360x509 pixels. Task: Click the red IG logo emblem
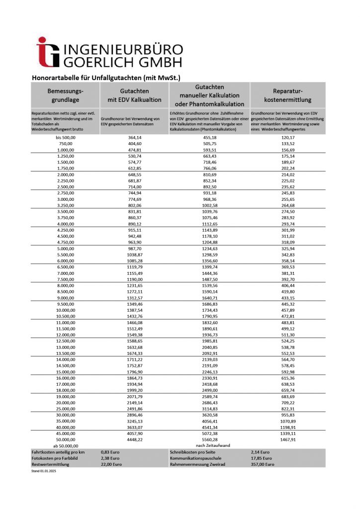click(x=48, y=52)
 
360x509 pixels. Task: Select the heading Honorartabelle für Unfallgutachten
click(x=105, y=78)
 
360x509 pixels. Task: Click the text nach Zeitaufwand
click(x=209, y=445)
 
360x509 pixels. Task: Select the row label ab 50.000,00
click(x=65, y=445)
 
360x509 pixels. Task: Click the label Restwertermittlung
click(x=51, y=464)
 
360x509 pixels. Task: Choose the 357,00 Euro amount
click(x=263, y=464)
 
